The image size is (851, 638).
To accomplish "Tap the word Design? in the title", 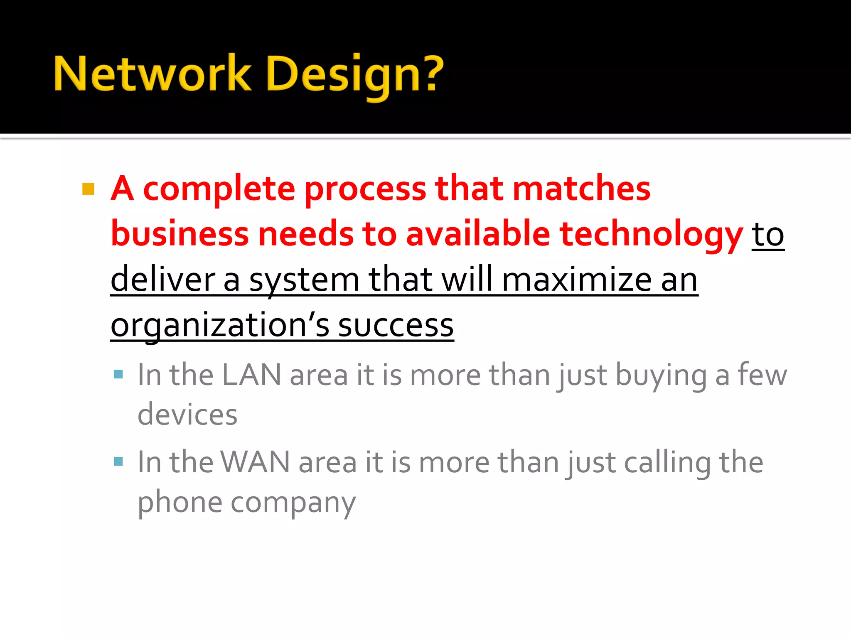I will [x=355, y=75].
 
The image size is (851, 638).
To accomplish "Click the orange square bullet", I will [x=89, y=189].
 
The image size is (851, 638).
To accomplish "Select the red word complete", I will [x=219, y=189].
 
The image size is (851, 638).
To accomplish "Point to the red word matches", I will [x=582, y=189].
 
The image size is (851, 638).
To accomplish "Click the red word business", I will [x=180, y=234].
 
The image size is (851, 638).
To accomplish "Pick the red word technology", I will [x=651, y=235].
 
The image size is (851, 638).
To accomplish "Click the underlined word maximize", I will [x=577, y=280].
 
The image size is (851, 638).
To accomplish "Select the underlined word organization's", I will [x=220, y=326].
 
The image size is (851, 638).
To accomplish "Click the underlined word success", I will [x=396, y=326].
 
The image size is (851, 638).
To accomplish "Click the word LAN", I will [x=251, y=375].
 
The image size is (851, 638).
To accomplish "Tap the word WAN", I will [x=255, y=462].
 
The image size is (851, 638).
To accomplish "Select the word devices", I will [x=187, y=415].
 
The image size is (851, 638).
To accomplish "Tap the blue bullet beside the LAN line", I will [x=118, y=375].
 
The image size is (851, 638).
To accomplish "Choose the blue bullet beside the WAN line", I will [x=118, y=461].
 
